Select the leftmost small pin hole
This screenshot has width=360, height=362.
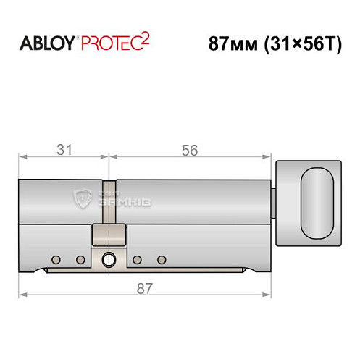pyautogui.click(x=55, y=259)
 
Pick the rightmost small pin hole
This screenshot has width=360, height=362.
pyautogui.click(x=162, y=259)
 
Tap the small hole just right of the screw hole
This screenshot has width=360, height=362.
pyautogui.click(x=136, y=259)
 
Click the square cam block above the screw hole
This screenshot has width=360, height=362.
pyautogui.click(x=109, y=234)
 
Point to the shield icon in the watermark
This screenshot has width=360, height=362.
pyautogui.click(x=85, y=197)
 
